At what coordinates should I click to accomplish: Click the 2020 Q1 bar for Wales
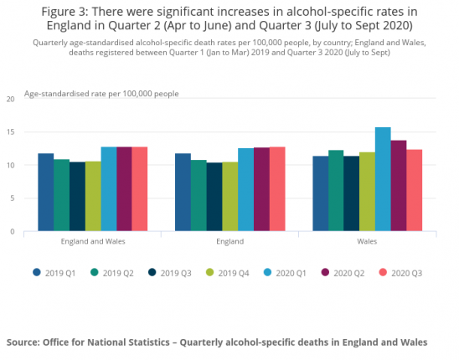383,179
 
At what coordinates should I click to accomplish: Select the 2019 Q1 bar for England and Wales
45,192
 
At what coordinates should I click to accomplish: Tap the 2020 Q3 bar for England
276,188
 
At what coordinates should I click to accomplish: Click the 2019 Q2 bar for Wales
336,190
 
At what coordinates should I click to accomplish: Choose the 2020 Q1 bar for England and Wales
108,188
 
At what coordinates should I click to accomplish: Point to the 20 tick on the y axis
10,99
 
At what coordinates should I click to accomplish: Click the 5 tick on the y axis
12,198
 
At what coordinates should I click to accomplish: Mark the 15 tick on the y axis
10,132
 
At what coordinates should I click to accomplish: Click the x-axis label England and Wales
92,241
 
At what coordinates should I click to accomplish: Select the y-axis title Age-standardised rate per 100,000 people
101,93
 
